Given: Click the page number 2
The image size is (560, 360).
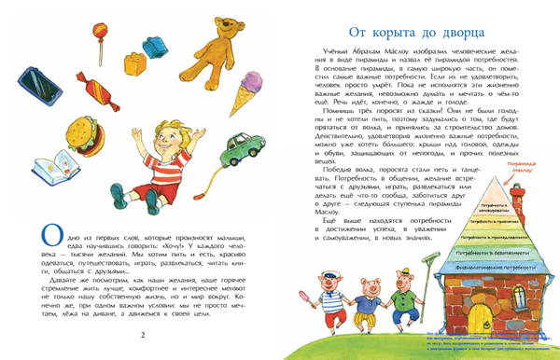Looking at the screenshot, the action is [143, 335].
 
